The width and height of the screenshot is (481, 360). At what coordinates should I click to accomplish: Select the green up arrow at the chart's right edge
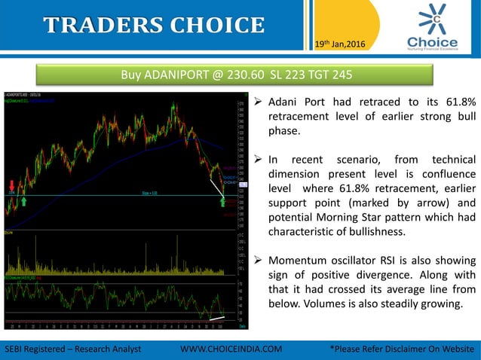(x=225, y=200)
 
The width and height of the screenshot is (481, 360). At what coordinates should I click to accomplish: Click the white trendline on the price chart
(x=216, y=186)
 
